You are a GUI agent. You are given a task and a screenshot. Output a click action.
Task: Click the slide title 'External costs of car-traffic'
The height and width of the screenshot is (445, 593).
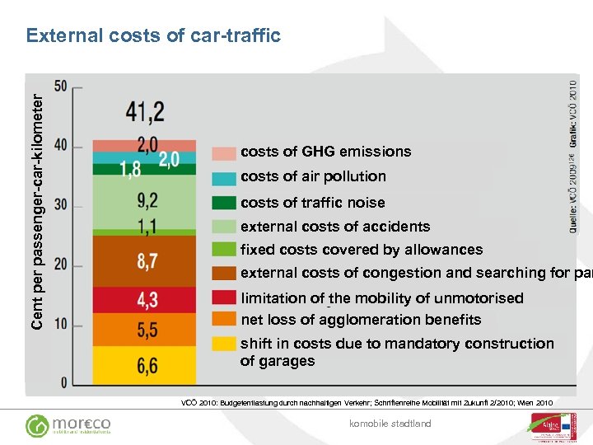(153, 35)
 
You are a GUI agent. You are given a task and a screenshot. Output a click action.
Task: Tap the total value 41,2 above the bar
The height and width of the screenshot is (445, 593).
(146, 111)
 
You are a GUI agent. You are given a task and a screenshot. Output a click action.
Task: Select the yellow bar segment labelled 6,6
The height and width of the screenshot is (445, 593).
(145, 365)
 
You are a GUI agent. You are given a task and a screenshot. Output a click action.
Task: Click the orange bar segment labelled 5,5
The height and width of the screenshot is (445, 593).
(145, 330)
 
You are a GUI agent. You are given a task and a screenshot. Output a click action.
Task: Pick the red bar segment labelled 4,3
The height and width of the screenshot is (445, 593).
(145, 299)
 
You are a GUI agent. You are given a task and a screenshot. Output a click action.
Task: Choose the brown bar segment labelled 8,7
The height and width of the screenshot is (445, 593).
(145, 261)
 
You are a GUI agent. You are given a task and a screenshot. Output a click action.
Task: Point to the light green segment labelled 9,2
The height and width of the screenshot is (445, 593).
(145, 200)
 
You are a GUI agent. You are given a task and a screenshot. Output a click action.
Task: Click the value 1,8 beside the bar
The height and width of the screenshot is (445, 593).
(130, 170)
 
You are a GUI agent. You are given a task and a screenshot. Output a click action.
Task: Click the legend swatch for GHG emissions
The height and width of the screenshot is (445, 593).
(224, 153)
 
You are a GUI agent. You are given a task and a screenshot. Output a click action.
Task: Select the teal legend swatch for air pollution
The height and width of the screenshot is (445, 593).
(224, 178)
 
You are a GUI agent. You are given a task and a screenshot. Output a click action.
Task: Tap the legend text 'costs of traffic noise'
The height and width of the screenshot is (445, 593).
(312, 203)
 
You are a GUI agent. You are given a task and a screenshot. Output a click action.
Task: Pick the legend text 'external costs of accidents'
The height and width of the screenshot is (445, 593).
(335, 227)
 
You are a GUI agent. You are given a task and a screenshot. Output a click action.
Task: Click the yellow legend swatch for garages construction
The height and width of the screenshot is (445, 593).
(224, 344)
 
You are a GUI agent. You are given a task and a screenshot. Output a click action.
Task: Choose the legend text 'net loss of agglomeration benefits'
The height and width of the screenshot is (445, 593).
(361, 320)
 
